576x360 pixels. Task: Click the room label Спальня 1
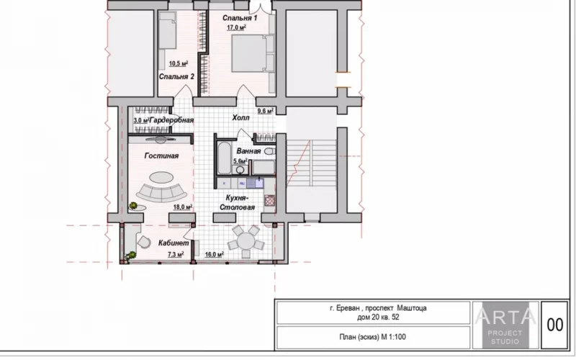pyautogui.click(x=240, y=18)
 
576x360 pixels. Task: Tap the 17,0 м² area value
pyautogui.click(x=236, y=27)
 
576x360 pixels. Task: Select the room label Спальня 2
pyautogui.click(x=176, y=77)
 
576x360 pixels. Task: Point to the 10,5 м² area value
pyautogui.click(x=179, y=63)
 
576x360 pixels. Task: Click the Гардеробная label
pyautogui.click(x=171, y=120)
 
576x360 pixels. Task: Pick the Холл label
pyautogui.click(x=240, y=117)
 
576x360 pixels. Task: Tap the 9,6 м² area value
pyautogui.click(x=265, y=111)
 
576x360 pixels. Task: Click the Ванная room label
pyautogui.click(x=248, y=151)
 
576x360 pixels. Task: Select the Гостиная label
pyautogui.click(x=161, y=156)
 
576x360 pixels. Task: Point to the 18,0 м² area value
pyautogui.click(x=183, y=207)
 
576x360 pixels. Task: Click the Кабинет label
pyautogui.click(x=174, y=243)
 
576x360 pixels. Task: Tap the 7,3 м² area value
pyautogui.click(x=176, y=254)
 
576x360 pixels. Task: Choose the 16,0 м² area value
pyautogui.click(x=215, y=254)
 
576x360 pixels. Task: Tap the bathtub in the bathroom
pyautogui.click(x=224, y=158)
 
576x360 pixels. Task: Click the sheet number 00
pyautogui.click(x=554, y=325)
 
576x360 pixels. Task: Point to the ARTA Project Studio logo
pyautogui.click(x=505, y=325)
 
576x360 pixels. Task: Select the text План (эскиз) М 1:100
pyautogui.click(x=372, y=337)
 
